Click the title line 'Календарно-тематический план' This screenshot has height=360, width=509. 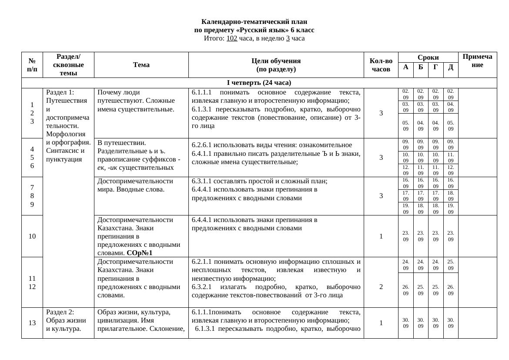click(254, 22)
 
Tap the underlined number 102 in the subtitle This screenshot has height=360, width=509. click(232, 38)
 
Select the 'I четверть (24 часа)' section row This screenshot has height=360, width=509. click(259, 83)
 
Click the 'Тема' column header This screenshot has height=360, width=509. click(141, 65)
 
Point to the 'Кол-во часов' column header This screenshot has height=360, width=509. click(381, 65)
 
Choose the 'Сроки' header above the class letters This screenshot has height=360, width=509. click(428, 57)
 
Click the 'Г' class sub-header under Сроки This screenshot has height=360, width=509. click(435, 67)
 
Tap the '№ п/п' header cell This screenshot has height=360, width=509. click(32, 65)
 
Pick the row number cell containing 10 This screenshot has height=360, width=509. click(32, 236)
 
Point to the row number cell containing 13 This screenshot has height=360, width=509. click(32, 323)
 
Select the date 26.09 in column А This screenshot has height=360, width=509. click(405, 290)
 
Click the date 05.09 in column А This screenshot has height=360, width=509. click(405, 126)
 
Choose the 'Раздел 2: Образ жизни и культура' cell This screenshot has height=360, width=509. click(65, 320)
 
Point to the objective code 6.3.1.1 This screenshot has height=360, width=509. click(202, 181)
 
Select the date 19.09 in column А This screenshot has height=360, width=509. click(405, 209)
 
